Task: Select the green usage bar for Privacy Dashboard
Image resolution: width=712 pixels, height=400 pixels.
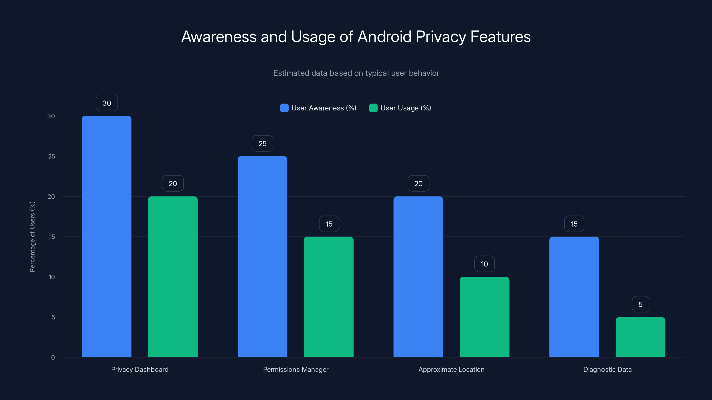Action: click(173, 277)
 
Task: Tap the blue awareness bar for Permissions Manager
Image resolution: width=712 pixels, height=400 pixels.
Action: click(262, 256)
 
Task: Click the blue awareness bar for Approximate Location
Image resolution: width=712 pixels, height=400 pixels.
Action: click(418, 277)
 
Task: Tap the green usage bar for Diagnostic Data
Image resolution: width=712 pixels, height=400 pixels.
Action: click(640, 337)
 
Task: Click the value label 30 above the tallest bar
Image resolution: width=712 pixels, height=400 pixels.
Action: click(107, 103)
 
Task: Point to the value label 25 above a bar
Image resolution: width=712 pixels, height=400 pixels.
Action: click(262, 144)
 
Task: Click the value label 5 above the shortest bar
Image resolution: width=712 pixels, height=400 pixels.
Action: click(640, 304)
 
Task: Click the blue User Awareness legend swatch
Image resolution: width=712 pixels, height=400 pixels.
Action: click(284, 108)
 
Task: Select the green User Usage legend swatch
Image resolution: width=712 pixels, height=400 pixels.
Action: click(373, 108)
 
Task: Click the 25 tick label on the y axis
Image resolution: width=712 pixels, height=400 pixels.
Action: click(51, 156)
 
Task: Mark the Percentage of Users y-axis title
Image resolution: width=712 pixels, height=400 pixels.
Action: click(32, 237)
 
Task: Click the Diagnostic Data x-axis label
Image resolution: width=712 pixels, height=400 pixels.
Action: click(607, 369)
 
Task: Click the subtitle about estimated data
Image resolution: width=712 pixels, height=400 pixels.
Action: click(356, 73)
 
